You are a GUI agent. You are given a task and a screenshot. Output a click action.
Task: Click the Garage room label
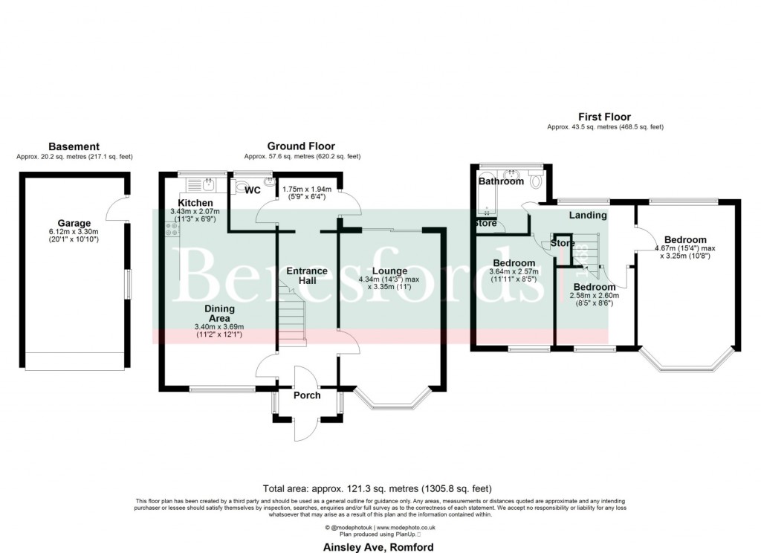(74, 223)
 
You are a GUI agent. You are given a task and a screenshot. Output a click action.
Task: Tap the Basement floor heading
(74, 146)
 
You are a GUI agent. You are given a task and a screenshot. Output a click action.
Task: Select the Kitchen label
(195, 203)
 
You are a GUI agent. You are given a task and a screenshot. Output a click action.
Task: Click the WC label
(253, 190)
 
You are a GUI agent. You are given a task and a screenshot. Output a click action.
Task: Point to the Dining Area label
(219, 314)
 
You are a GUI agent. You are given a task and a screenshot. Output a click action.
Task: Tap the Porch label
(307, 395)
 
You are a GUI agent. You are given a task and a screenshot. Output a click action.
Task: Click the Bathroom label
(501, 181)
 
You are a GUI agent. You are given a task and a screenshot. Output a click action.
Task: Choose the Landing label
(588, 216)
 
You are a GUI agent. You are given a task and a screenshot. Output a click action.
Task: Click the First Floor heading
(604, 117)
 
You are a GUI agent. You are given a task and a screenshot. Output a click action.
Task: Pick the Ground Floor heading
(301, 146)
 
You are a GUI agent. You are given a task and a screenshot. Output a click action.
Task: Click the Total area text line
(377, 488)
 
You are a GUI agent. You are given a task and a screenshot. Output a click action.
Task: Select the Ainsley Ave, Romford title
(378, 547)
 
